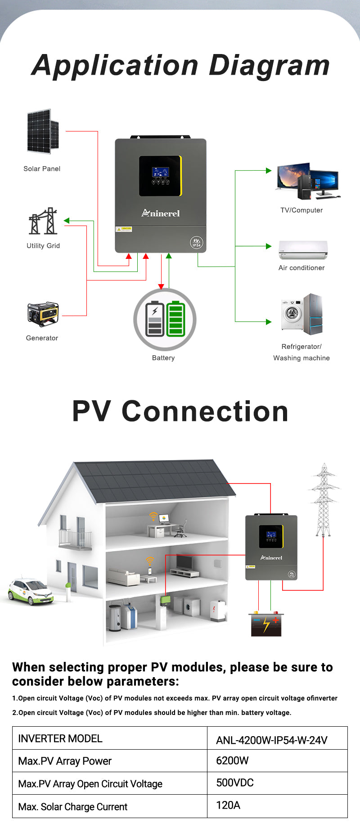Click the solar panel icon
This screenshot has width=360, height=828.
(43, 131)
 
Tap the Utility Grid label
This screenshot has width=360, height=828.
(43, 246)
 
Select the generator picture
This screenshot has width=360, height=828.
(43, 314)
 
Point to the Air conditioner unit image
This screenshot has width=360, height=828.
(303, 250)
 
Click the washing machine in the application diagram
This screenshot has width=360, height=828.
(292, 314)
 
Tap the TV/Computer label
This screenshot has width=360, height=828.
(301, 210)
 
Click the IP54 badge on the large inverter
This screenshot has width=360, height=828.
(197, 243)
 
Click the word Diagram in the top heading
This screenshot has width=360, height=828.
(269, 65)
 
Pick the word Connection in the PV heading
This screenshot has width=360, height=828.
(205, 412)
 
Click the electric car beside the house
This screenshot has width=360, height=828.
(31, 591)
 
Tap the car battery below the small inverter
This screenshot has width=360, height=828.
(266, 624)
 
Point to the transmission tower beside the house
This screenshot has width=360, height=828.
(324, 500)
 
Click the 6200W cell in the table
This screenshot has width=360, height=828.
(232, 760)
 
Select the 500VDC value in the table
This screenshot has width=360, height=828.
(235, 783)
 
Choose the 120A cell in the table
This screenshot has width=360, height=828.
(228, 805)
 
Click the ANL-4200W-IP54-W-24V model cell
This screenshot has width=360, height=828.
(272, 740)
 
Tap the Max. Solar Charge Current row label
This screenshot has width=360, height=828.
(73, 807)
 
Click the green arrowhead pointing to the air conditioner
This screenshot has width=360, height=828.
(269, 246)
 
